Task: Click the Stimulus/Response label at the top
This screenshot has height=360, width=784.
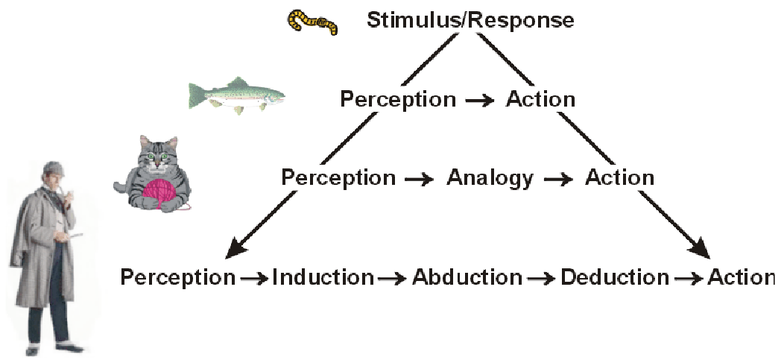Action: (x=470, y=20)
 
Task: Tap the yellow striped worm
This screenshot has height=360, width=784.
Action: (x=312, y=22)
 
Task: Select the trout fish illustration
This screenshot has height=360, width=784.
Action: (x=235, y=95)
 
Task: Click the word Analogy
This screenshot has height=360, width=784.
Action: (x=490, y=178)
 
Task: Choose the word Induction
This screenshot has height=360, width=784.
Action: (x=323, y=278)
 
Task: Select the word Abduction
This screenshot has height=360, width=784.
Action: (x=467, y=278)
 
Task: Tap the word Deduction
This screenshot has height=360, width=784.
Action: (x=615, y=278)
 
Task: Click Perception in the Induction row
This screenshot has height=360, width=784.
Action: (x=178, y=278)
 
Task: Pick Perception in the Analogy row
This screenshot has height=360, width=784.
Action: (x=338, y=178)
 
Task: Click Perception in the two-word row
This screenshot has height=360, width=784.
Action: (x=398, y=99)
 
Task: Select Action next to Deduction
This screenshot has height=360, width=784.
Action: (x=742, y=278)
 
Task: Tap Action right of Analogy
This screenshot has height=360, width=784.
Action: (x=619, y=178)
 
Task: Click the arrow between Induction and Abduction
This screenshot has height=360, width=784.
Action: (x=393, y=279)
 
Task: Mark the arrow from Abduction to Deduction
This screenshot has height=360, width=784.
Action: (x=541, y=279)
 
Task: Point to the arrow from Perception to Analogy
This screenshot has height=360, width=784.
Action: (x=420, y=179)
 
